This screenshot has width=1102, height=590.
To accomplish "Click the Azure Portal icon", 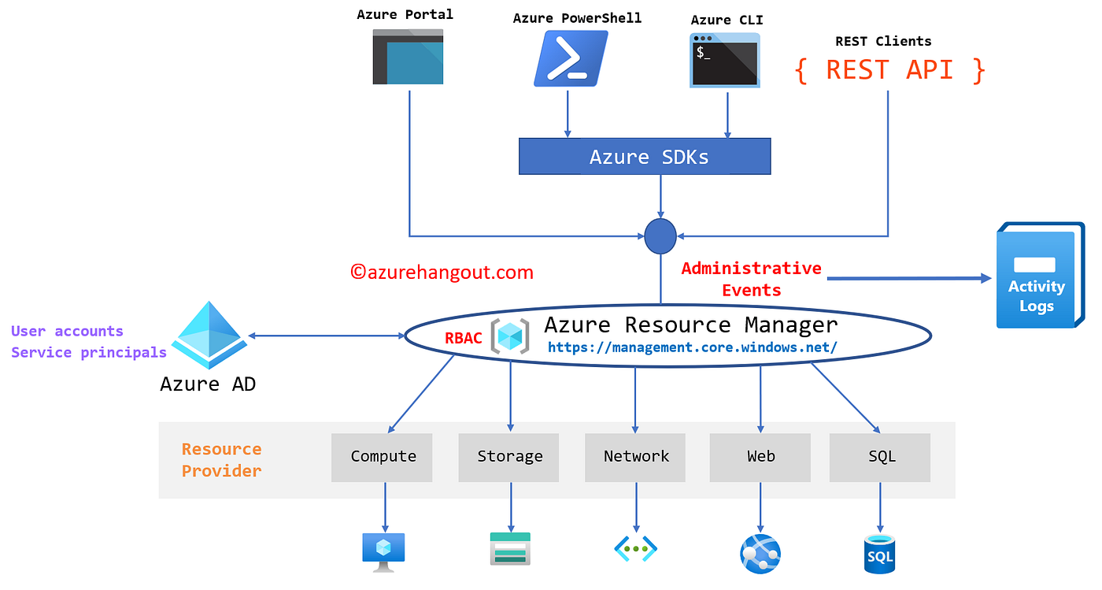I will (408, 57).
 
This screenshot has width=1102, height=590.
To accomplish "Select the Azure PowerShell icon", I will (571, 58).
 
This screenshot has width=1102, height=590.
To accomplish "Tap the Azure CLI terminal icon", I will (725, 60).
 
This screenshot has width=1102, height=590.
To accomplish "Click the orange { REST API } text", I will (889, 70).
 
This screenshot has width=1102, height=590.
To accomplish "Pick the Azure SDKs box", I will (645, 157).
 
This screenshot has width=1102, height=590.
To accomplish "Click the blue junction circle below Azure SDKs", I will (660, 236).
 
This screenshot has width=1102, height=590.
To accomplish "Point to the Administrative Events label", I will (751, 279).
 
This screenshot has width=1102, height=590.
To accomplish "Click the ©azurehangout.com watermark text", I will (442, 273).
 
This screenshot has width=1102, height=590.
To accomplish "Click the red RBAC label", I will (464, 339).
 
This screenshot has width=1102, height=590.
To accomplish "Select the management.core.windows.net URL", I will (692, 347).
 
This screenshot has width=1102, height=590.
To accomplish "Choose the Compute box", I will (383, 457).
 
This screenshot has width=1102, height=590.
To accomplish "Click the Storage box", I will (509, 457).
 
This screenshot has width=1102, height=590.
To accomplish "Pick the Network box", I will (635, 457).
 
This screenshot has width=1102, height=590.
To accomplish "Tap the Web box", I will (760, 457).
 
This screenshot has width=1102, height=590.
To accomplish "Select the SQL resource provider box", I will (880, 457).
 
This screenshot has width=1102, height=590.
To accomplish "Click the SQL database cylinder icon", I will (879, 554).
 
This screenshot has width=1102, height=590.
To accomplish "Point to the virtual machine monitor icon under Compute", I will (383, 551).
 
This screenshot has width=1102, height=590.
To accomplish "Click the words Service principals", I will (89, 352).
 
